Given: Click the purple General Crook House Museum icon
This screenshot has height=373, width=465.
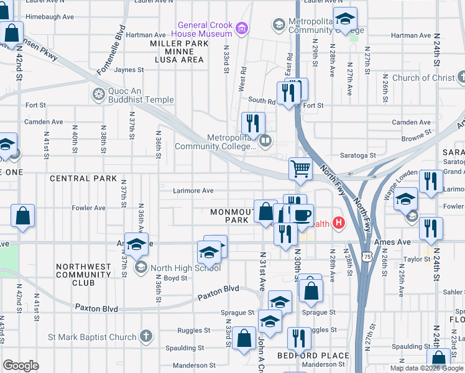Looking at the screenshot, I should [x=242, y=28].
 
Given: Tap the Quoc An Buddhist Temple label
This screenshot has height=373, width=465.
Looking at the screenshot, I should [x=139, y=94].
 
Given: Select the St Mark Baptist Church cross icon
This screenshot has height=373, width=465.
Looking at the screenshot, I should [x=145, y=337].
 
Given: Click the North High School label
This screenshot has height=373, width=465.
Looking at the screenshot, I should [x=186, y=267].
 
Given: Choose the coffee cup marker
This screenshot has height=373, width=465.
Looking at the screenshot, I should [x=302, y=214].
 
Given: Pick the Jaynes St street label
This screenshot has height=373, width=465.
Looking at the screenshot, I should [x=129, y=70].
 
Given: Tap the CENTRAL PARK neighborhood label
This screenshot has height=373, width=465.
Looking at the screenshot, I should [x=83, y=178].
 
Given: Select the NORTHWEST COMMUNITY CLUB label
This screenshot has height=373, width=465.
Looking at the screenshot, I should [x=83, y=274].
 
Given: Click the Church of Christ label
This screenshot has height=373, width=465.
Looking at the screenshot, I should [x=423, y=78].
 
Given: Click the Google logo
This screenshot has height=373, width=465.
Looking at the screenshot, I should [x=21, y=366].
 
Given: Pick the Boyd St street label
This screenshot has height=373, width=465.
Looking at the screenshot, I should [x=175, y=279].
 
